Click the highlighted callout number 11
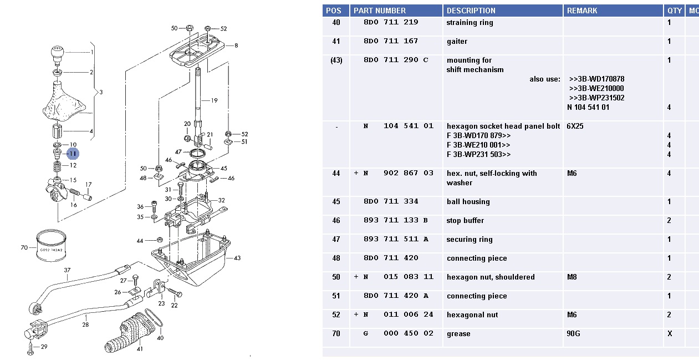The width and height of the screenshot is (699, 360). (73, 154)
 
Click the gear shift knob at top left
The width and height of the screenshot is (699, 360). (57, 54)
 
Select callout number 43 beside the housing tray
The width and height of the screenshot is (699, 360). (237, 258)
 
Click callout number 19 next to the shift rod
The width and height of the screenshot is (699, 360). (214, 101)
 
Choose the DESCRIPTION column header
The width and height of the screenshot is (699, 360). (471, 11)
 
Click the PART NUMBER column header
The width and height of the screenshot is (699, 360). (380, 11)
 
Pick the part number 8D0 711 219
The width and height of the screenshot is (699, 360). (390, 23)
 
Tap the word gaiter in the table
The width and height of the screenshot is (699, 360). (457, 42)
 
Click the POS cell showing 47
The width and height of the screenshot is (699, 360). (336, 240)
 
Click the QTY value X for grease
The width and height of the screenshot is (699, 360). (670, 334)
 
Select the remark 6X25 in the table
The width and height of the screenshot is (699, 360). (575, 126)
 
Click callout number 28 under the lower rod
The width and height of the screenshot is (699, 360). (85, 324)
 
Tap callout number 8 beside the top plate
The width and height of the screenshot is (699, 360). (236, 45)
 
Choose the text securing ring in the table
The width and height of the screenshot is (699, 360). (469, 240)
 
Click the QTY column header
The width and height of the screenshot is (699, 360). (675, 11)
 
